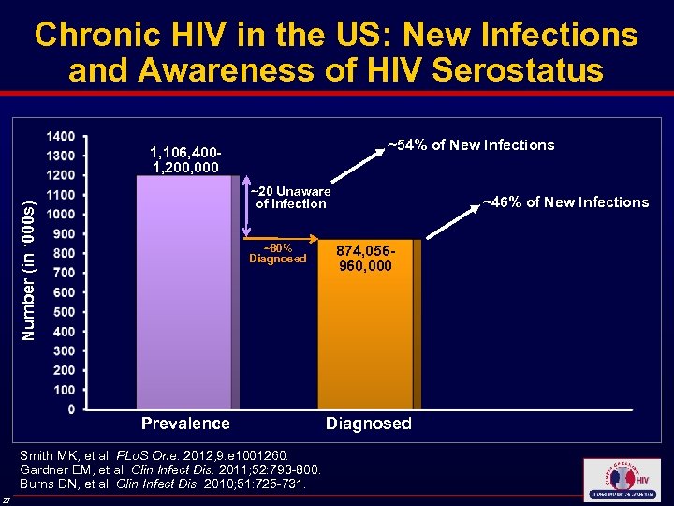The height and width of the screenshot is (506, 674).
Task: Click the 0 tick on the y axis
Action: (70, 409)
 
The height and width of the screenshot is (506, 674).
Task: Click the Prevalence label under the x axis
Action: (185, 424)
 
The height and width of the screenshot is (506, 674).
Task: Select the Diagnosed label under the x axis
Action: (368, 424)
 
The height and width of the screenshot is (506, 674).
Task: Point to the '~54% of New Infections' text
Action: (471, 144)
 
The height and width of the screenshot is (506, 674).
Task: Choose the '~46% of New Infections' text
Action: (564, 201)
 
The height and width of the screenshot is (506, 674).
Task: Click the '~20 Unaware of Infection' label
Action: (291, 198)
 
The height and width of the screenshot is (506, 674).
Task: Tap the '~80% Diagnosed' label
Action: (277, 253)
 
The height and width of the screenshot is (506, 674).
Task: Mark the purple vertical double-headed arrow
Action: (246, 208)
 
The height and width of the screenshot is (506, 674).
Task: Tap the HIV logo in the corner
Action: (621, 478)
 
